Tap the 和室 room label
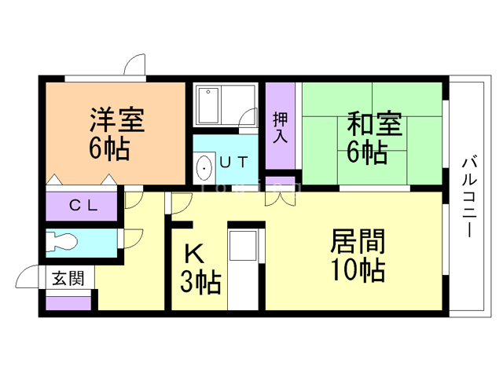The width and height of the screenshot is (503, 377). coord(375,124)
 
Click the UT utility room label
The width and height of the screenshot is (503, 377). coord(233,163)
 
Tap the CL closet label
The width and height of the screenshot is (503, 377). coord(83,207)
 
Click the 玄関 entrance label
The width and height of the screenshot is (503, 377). coord(68,278)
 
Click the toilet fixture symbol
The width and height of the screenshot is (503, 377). coord(63,243)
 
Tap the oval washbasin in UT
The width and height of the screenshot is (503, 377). coord(204,167)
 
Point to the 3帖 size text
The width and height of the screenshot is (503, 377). coord(200,281)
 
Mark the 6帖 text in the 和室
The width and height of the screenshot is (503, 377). coord(367,152)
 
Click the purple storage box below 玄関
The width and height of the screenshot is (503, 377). coord(68,302)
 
